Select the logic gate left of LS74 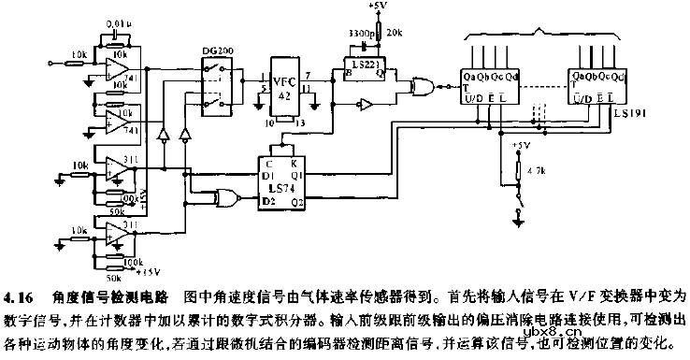[224, 196]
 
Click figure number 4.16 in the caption [19, 298]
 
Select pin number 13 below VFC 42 [297, 122]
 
